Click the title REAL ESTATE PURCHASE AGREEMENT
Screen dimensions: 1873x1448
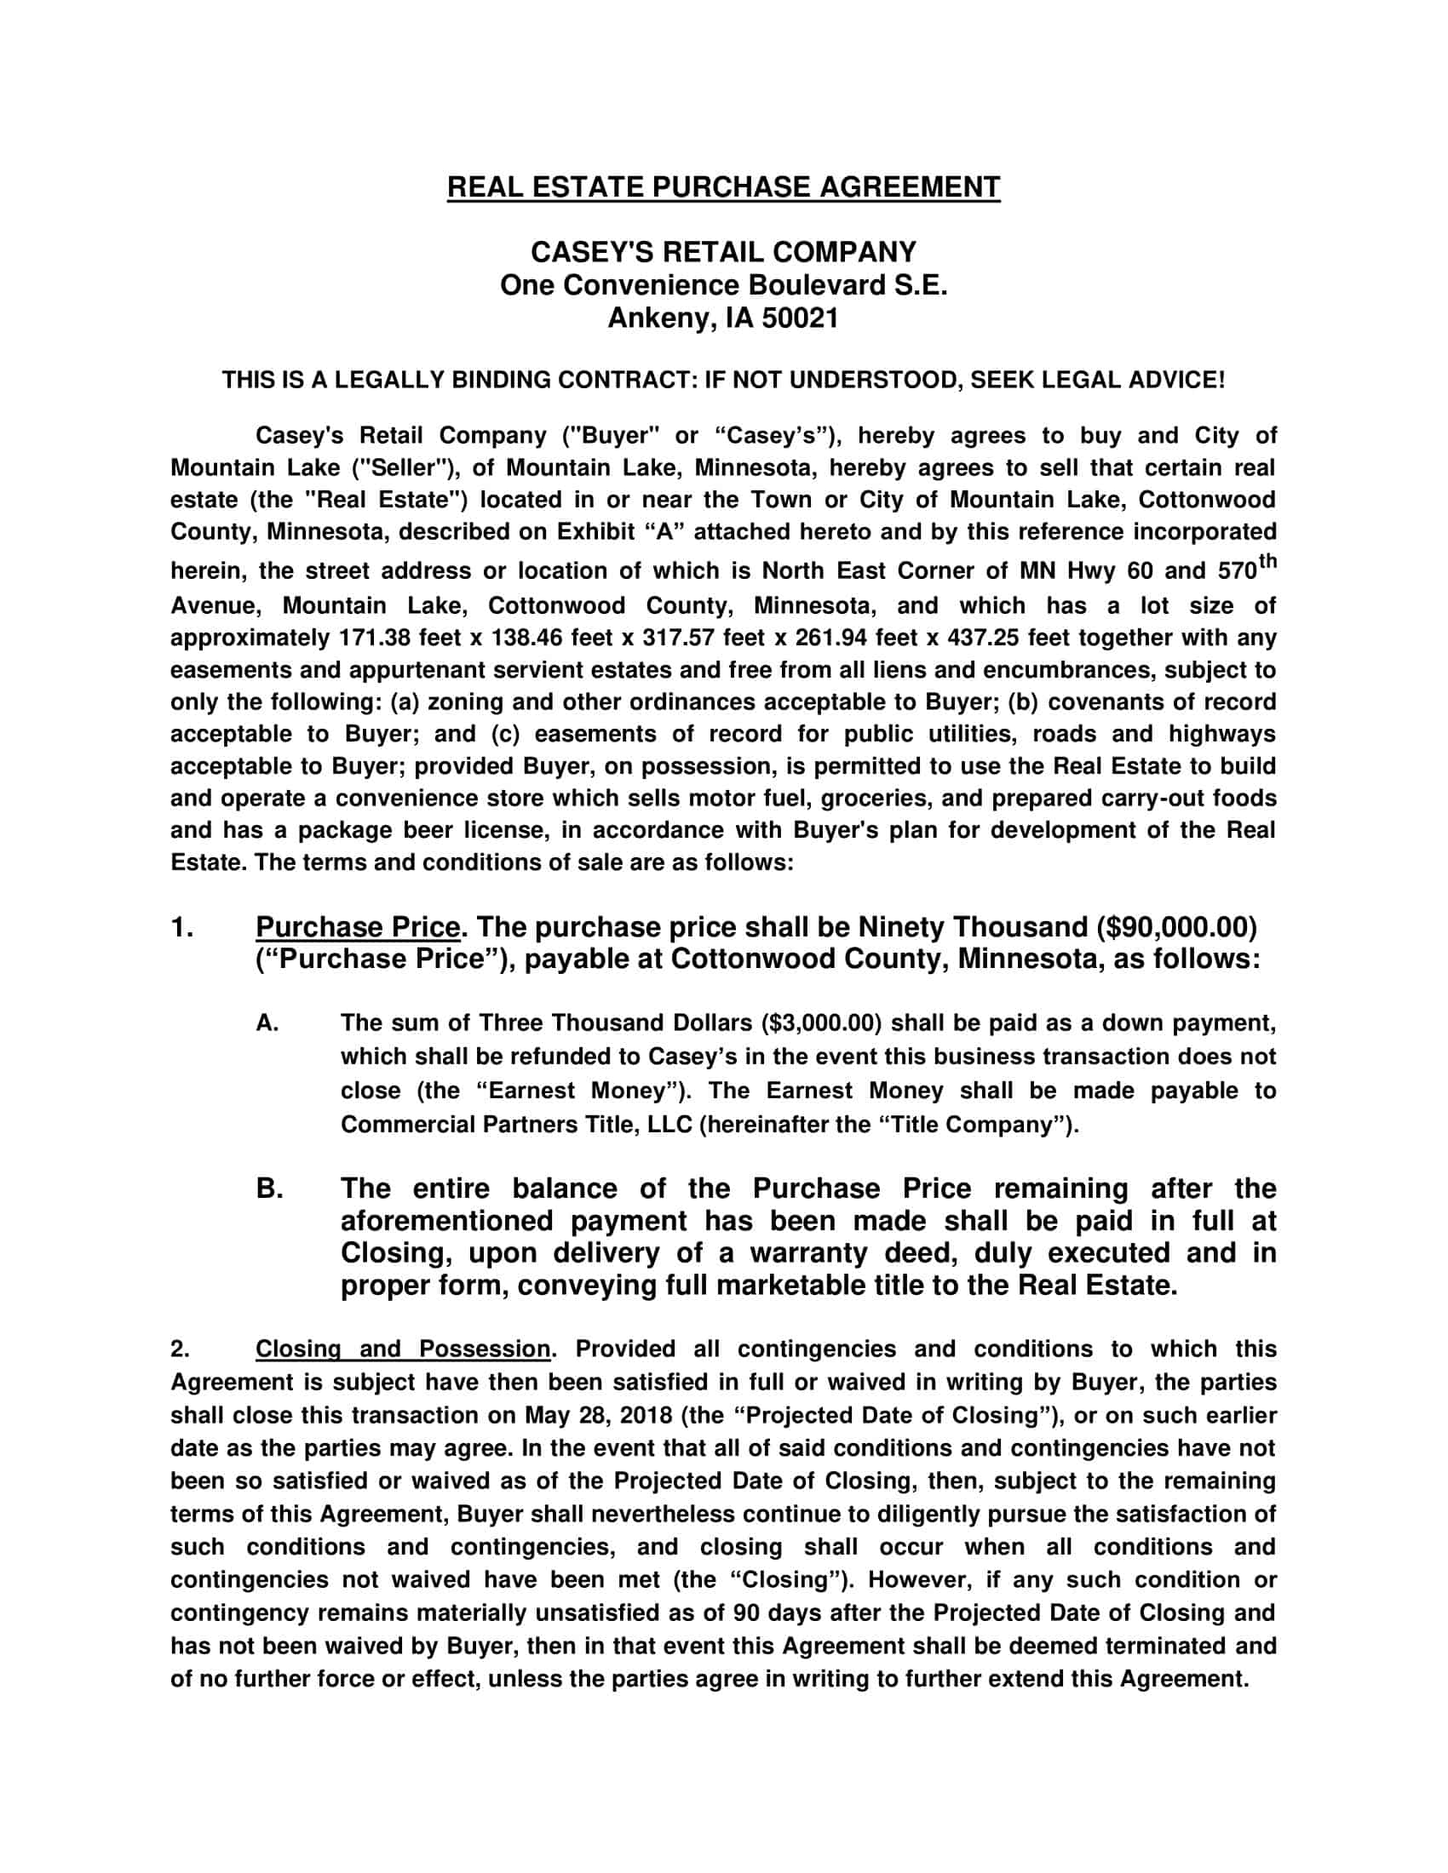coord(723,187)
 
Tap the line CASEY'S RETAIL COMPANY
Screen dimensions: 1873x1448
coord(723,252)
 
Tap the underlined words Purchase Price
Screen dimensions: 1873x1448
coord(358,927)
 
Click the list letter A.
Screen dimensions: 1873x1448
coord(267,1023)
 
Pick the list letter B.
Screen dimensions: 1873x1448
coord(268,1189)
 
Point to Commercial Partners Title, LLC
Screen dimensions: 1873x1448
coord(515,1125)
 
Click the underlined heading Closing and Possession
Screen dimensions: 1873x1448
coord(402,1349)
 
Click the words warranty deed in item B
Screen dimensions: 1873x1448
coord(853,1253)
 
